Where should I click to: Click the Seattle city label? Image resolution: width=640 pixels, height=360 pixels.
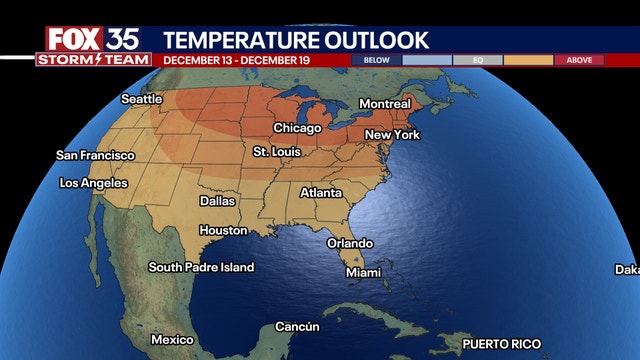[x=141, y=99]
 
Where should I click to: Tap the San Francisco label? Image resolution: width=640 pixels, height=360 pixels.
[x=95, y=155]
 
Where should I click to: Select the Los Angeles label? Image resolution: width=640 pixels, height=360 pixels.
[x=94, y=183]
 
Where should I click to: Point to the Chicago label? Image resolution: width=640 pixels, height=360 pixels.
[x=298, y=128]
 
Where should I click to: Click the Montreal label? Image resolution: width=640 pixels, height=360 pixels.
[x=385, y=104]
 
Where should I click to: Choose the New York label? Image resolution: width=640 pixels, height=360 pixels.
[x=392, y=134]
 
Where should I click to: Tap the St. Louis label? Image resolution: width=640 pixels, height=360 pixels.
[x=275, y=152]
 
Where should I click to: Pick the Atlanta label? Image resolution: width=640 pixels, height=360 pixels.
[x=321, y=192]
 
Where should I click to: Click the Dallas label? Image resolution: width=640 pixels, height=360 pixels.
[x=217, y=201]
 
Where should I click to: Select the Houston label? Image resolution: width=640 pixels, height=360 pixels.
[x=223, y=230]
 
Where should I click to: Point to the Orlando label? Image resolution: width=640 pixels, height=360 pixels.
[x=350, y=243]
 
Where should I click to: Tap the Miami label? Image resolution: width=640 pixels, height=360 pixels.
[x=363, y=272]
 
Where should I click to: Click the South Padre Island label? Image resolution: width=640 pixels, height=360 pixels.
[x=201, y=267]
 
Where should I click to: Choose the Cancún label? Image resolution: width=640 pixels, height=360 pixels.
[x=297, y=327]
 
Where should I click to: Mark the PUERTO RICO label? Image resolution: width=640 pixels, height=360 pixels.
[x=501, y=344]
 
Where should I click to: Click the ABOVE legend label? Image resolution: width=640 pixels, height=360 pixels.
[x=579, y=60]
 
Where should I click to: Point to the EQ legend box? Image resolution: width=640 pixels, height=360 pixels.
[x=478, y=60]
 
